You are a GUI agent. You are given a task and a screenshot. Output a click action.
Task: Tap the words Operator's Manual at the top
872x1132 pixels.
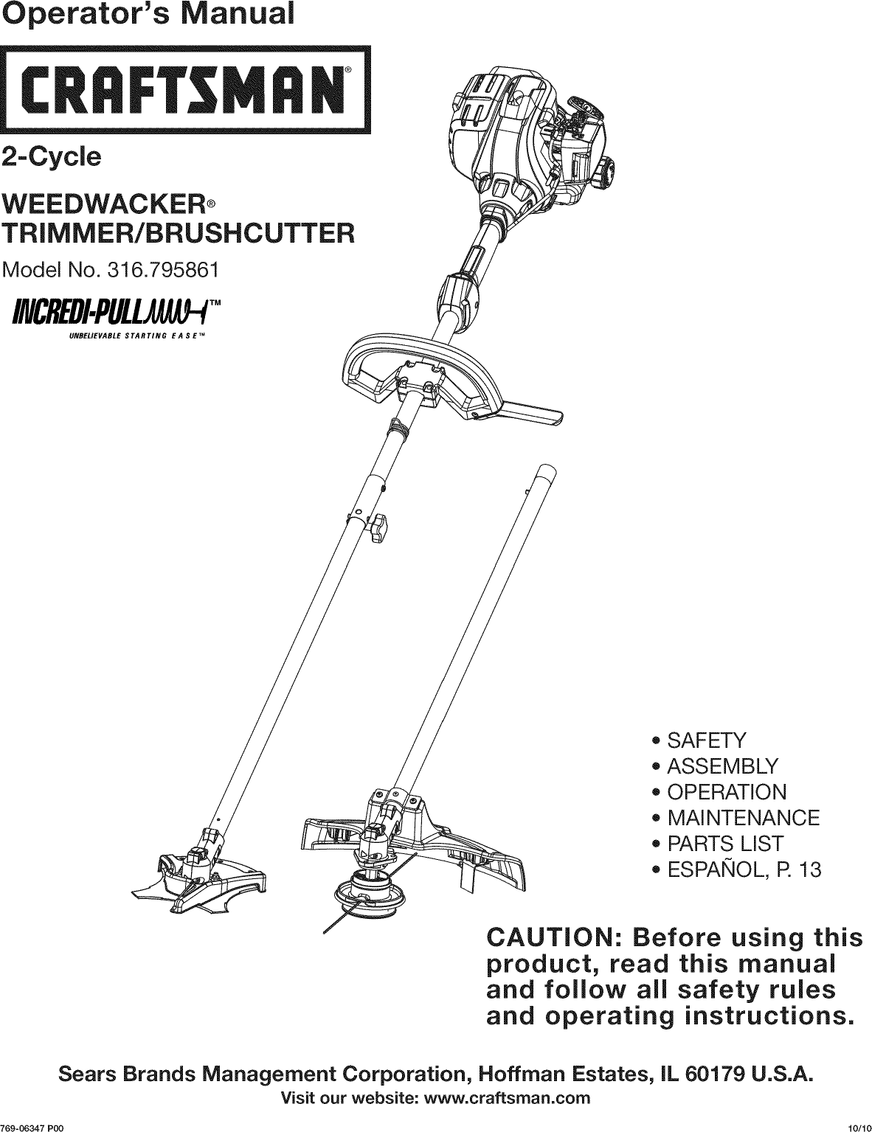[146, 15]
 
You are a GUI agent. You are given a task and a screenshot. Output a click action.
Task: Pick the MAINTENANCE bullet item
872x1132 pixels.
[743, 818]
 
